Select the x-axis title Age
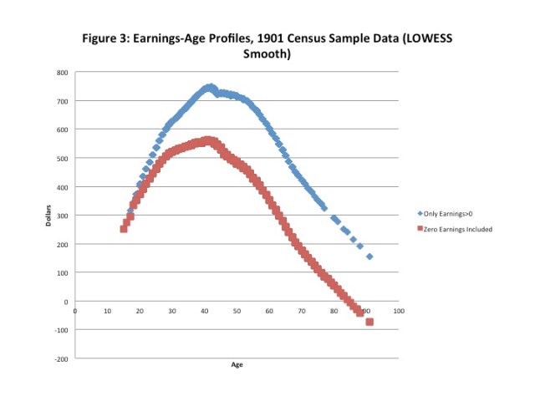(x=237, y=364)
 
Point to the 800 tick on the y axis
(x=62, y=73)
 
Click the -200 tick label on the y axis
(x=61, y=358)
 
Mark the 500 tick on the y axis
(x=62, y=159)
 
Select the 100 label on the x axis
(x=399, y=311)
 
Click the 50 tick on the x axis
(x=237, y=311)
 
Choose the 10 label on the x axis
(x=107, y=311)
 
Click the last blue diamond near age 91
(x=369, y=256)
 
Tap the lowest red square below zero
(x=369, y=322)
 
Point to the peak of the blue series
(x=210, y=87)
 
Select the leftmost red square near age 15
(x=124, y=229)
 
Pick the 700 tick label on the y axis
(x=62, y=101)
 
